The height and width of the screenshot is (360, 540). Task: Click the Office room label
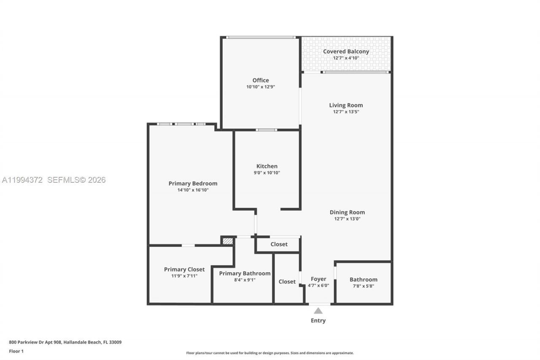click(260, 80)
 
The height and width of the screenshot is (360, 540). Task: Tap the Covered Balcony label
click(346, 51)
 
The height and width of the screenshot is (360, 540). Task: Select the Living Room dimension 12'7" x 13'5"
click(346, 112)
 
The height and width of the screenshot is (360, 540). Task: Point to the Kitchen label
click(267, 166)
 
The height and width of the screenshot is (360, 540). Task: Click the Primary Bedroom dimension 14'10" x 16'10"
click(193, 190)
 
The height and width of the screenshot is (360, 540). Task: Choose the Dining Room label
click(347, 212)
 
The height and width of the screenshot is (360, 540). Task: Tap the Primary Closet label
click(184, 269)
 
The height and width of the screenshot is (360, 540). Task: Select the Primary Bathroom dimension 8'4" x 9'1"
click(245, 280)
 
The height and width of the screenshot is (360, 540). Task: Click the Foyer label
click(319, 279)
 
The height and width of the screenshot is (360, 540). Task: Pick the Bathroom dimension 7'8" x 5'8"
click(363, 286)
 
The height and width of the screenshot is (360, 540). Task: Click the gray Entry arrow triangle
click(318, 311)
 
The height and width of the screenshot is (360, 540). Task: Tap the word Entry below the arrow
click(318, 320)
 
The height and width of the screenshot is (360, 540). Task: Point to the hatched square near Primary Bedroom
click(227, 241)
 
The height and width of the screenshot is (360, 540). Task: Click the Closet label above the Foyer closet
click(279, 244)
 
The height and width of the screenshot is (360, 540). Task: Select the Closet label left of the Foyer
click(287, 282)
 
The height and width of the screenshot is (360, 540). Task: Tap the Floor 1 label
click(16, 351)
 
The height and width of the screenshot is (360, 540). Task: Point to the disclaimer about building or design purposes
click(270, 353)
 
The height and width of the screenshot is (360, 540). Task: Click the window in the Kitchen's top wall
click(266, 130)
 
